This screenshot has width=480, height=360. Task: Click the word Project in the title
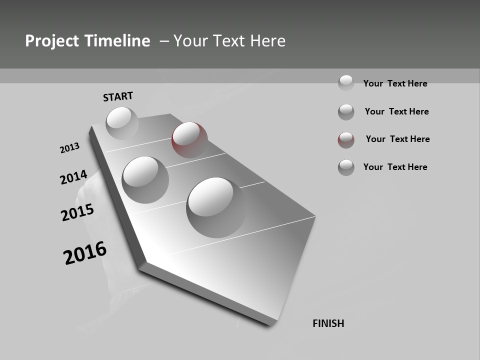tap(47, 41)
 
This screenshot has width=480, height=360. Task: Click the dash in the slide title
tap(163, 41)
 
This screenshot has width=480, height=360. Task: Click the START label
tap(118, 96)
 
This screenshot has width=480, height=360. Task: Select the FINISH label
tap(328, 323)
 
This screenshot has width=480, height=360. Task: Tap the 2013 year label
tap(69, 148)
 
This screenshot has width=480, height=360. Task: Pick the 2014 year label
tap(73, 177)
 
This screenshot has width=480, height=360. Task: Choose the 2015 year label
tap(77, 212)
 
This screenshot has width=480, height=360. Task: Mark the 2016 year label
tap(85, 252)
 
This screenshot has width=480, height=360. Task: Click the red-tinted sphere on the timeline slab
tap(189, 139)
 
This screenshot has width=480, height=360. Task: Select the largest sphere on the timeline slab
tap(215, 207)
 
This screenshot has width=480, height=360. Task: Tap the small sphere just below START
tap(122, 123)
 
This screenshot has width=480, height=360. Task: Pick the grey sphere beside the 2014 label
tap(145, 179)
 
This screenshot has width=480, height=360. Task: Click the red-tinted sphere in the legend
tap(346, 140)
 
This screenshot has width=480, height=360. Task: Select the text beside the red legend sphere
tap(397, 139)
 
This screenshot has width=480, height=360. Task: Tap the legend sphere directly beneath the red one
tap(346, 167)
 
